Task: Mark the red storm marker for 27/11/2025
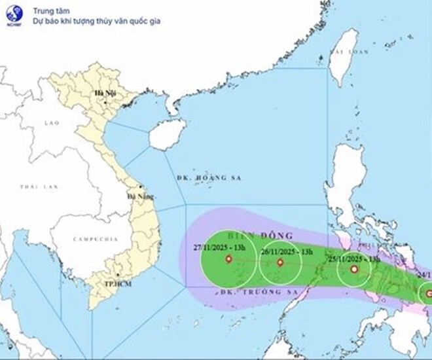click(x=228, y=259)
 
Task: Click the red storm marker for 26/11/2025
click(x=280, y=262)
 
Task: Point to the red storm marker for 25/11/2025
click(x=354, y=269)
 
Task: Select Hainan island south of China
click(x=164, y=134)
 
